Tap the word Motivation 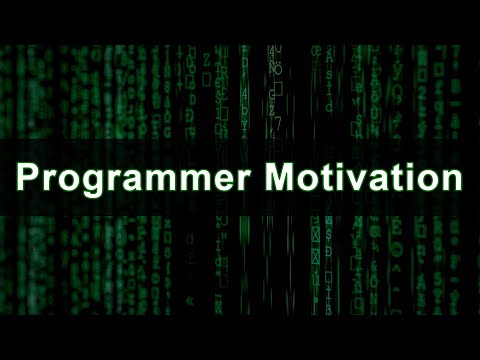(x=362, y=181)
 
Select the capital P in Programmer (x=28, y=181)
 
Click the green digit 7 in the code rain (x=280, y=122)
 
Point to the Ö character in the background (x=277, y=69)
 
